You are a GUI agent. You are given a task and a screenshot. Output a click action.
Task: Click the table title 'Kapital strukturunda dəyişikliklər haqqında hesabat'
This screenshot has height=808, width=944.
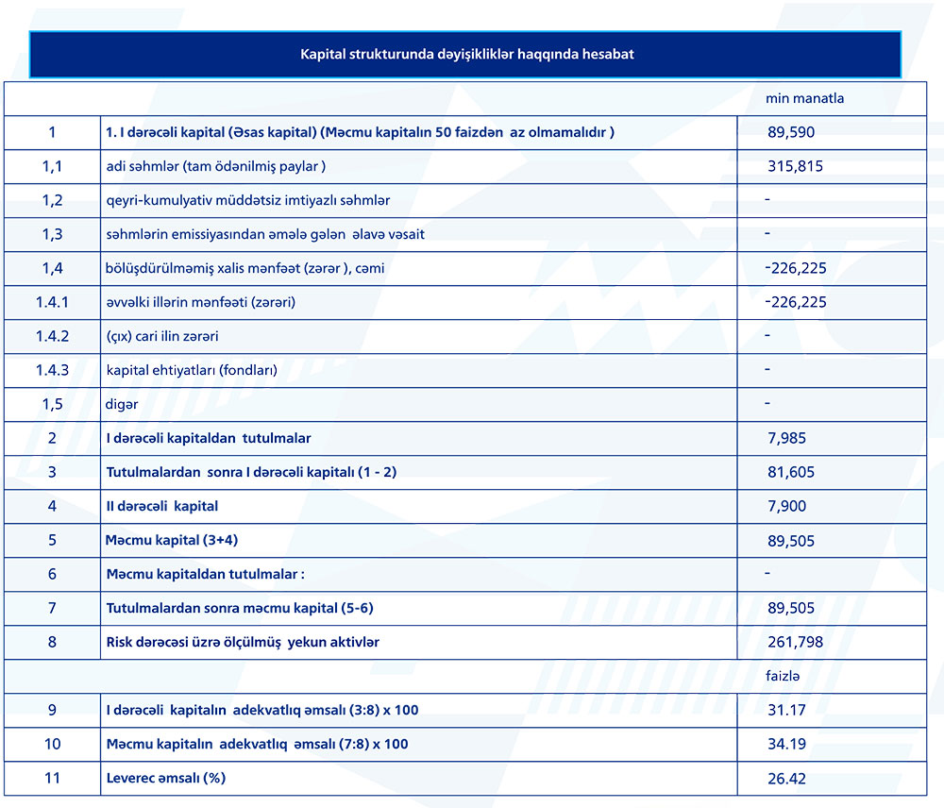pos(466,54)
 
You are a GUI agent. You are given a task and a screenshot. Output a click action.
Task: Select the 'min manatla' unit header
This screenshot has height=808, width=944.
pos(804,98)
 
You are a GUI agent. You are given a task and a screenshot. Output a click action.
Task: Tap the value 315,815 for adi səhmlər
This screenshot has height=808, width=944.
pos(796,166)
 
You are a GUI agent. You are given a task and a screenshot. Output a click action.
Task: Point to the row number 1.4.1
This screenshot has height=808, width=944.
pos(52,302)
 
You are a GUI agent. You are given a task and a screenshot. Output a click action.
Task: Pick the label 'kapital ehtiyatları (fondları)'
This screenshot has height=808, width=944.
pos(192,370)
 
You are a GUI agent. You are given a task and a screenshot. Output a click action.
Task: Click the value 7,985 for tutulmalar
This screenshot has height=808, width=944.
pos(787,438)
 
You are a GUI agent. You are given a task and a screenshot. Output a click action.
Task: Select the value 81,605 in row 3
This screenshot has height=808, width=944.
pos(791,472)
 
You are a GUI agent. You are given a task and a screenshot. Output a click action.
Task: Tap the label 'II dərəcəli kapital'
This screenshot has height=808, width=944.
pos(162,506)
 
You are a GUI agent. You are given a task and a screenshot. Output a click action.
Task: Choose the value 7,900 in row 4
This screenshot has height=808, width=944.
pos(787,506)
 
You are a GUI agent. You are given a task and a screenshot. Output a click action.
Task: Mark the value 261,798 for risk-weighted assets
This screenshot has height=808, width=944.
pos(796,642)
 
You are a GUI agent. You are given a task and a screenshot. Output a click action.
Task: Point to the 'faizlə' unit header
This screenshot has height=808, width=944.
pos(784,676)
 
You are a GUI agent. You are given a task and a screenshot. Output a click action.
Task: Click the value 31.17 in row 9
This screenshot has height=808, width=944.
pos(786,710)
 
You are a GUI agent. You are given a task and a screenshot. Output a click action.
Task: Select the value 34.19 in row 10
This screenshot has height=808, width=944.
pos(786,744)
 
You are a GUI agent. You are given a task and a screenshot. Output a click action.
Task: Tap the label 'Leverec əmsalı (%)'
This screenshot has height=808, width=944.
pos(166,778)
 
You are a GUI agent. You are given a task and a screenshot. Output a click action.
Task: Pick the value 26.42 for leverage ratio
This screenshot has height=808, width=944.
pos(786,779)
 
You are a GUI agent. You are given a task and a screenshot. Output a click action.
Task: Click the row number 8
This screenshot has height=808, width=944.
pos(52,642)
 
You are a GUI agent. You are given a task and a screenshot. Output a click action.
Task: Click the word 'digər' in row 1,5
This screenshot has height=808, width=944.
pos(122,404)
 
